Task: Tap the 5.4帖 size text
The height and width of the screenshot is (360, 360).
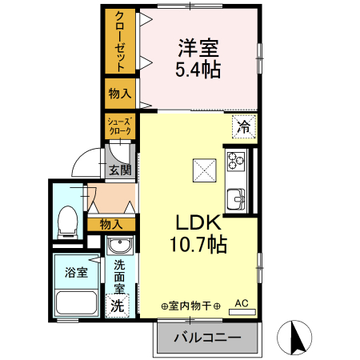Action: (198, 69)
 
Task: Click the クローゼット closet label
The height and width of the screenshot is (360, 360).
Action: (119, 40)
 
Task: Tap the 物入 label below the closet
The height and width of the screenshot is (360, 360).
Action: (119, 93)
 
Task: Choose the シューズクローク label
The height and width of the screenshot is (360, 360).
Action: (119, 126)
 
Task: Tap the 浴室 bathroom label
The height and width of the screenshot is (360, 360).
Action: (76, 270)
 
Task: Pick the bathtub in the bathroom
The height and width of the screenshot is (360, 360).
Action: (76, 303)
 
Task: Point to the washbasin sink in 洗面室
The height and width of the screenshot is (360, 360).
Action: (120, 245)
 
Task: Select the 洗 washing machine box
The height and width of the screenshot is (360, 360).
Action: (117, 306)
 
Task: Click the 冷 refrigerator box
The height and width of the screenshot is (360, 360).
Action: (245, 126)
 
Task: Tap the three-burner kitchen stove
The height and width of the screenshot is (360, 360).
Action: (236, 162)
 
